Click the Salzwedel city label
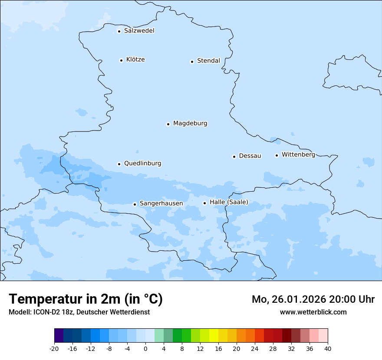coord(139,31)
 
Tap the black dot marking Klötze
coord(121,60)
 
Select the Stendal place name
coord(208,61)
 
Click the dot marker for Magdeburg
coord(168,124)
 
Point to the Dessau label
coord(250,156)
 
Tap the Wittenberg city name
coord(298,154)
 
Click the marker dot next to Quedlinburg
coord(119,164)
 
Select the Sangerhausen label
coord(161,203)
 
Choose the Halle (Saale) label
coord(229,202)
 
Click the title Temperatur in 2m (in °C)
coord(86,299)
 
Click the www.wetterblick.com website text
coord(313,312)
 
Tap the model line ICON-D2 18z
coord(79,312)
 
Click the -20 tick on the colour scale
coord(54,348)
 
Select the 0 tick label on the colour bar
coord(145,348)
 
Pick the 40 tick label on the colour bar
coord(328,348)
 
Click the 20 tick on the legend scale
coord(237,348)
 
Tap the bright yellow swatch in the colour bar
coord(214,336)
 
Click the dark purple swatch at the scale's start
coord(59,336)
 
